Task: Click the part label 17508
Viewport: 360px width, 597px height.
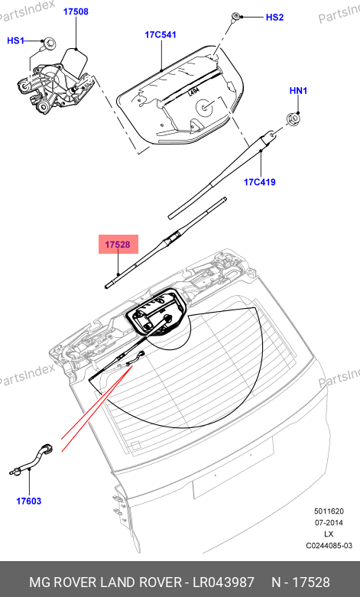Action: [x=76, y=11]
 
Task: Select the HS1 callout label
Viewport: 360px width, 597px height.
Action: [x=15, y=41]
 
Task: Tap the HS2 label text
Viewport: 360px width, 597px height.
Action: [x=274, y=18]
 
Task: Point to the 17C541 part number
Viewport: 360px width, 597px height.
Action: [x=161, y=34]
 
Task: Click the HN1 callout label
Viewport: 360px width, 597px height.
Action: [x=298, y=91]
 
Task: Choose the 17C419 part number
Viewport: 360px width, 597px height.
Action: [x=260, y=182]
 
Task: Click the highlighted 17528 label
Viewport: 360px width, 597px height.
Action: [x=118, y=245]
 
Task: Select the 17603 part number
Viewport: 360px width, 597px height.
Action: [x=28, y=501]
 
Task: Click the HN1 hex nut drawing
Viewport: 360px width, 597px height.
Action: [x=292, y=120]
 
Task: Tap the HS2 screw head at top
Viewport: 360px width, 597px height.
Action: [x=235, y=16]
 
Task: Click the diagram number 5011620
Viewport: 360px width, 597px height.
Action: [x=329, y=511]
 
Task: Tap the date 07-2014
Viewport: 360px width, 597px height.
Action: [x=329, y=522]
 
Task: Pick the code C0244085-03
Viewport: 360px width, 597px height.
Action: [x=329, y=546]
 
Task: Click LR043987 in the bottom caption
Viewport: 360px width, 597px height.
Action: [x=223, y=582]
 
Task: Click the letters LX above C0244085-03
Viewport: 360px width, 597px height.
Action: [x=329, y=534]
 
